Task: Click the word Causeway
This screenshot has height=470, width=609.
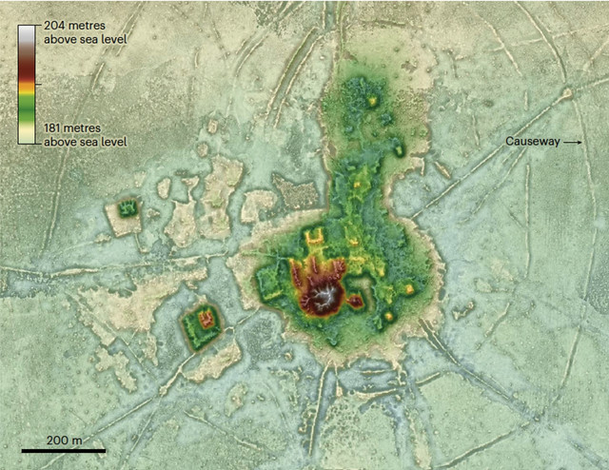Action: pyautogui.click(x=530, y=142)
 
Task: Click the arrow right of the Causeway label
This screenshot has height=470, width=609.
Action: pyautogui.click(x=570, y=142)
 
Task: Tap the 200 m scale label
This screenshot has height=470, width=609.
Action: pyautogui.click(x=63, y=440)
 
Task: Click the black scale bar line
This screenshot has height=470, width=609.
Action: pyautogui.click(x=63, y=449)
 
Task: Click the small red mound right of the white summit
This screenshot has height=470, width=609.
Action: pyautogui.click(x=355, y=303)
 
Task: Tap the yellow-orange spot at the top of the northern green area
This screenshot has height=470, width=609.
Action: pyautogui.click(x=373, y=100)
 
